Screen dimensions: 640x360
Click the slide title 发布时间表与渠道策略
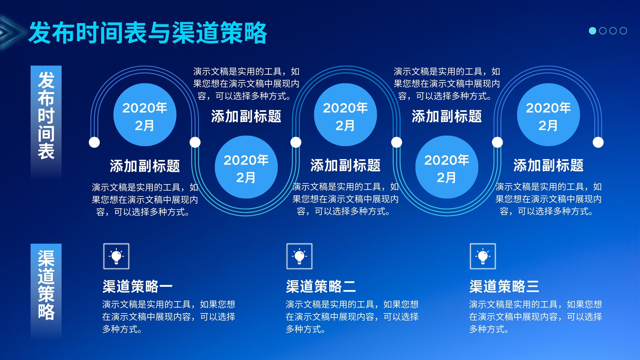148,32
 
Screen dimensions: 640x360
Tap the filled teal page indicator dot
592,30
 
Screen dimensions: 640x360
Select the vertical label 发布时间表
46,116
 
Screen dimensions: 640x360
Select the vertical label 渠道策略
46,285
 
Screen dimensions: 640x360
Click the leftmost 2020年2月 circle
145,114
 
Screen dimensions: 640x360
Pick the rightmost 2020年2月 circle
548,114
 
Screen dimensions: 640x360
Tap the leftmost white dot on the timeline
94,142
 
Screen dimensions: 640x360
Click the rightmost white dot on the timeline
598,142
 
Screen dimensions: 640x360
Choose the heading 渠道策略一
138,286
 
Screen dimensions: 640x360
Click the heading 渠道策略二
321,286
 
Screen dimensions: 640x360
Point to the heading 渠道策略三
504,286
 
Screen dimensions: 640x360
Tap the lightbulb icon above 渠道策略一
116,256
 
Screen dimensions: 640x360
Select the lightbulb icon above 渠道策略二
300,256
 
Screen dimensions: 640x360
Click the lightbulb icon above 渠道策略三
483,256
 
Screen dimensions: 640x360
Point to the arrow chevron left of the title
12,32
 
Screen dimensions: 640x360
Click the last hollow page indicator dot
624,30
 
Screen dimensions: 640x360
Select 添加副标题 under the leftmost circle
145,166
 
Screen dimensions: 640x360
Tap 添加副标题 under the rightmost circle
548,165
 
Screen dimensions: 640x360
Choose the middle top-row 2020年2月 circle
346,114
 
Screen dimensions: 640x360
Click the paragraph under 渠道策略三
536,316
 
